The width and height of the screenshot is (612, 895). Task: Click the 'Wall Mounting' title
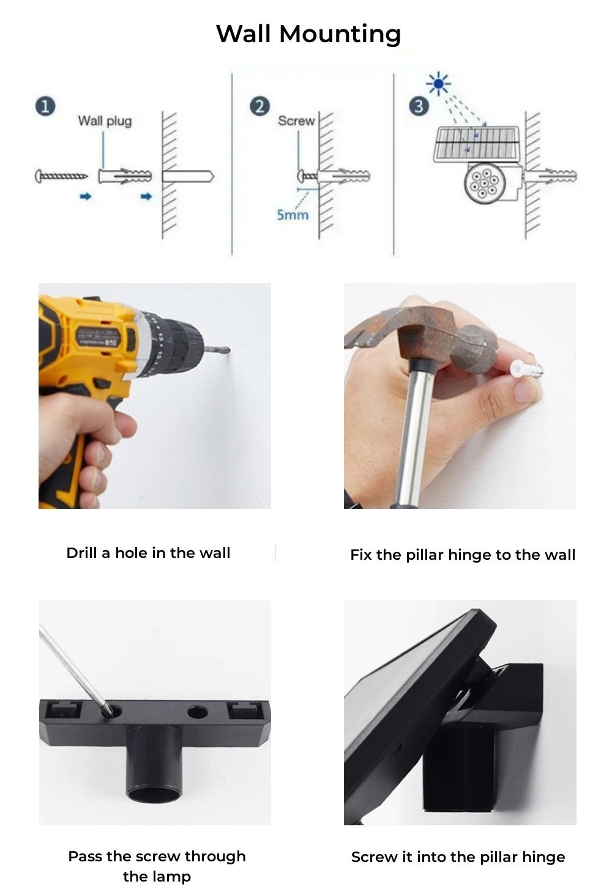(308, 34)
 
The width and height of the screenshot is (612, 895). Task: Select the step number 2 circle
(259, 106)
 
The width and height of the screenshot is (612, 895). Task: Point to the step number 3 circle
(419, 106)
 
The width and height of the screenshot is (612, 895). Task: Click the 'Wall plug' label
(105, 121)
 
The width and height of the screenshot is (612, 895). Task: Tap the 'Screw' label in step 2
(296, 121)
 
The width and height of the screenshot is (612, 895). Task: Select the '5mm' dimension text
(293, 215)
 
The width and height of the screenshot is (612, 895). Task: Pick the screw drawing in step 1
(61, 177)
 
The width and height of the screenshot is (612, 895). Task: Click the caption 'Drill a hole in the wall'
(148, 553)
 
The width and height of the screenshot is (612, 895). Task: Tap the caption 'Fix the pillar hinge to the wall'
(463, 555)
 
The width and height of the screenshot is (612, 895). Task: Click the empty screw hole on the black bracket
(197, 712)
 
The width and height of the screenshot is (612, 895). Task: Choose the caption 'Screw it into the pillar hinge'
(458, 857)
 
